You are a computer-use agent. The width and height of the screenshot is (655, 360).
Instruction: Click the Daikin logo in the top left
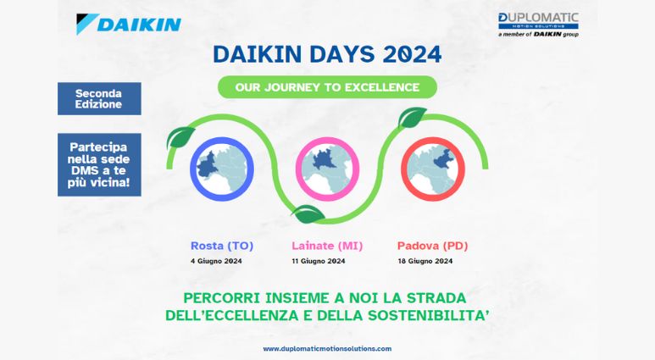pos(128,23)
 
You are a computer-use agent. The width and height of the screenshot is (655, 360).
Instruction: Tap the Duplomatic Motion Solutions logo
pos(538,23)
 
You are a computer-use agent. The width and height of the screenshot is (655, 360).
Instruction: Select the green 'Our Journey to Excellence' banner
pos(326,86)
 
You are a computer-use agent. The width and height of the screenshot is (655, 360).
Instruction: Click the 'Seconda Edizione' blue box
pos(99,98)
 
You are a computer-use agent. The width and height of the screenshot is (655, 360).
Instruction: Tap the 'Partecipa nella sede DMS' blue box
pos(99,164)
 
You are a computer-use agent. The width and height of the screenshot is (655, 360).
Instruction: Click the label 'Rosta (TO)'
pos(222,246)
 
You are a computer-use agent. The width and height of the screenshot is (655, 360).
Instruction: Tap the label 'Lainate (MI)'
pos(327,246)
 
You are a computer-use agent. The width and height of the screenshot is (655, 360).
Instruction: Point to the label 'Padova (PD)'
pos(432,246)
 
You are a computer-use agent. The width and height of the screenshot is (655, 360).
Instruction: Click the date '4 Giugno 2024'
pos(216,261)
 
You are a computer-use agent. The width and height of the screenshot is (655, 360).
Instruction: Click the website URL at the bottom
pos(327,348)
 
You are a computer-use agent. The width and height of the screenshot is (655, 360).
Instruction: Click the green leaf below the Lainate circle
pos(307,213)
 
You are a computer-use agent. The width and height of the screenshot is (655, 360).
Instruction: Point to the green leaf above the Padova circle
pos(413,117)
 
